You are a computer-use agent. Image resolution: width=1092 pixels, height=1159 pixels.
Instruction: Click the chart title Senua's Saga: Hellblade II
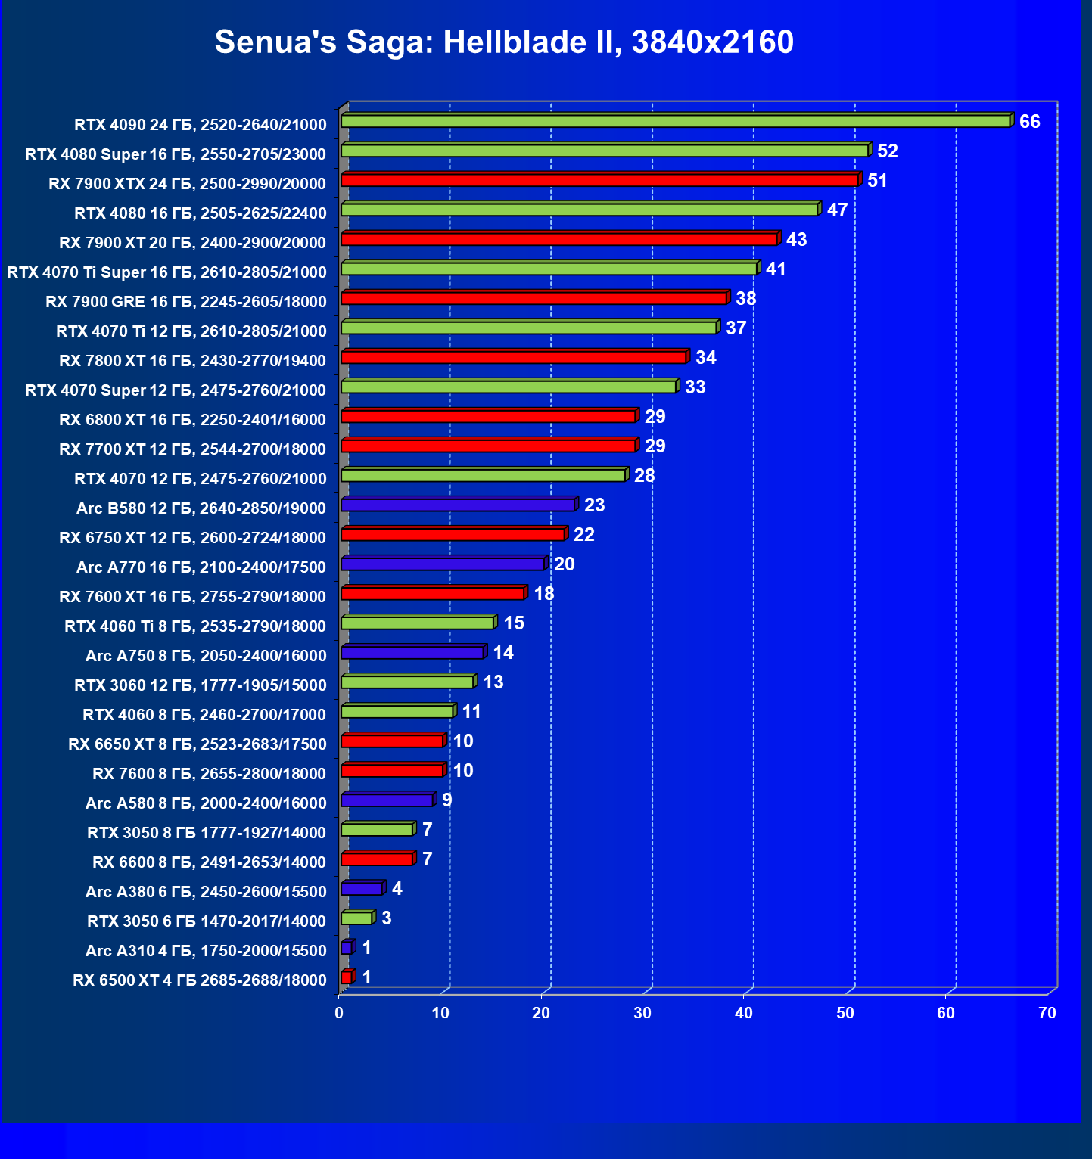coord(504,42)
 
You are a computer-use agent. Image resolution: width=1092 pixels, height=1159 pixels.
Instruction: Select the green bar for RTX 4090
coord(675,121)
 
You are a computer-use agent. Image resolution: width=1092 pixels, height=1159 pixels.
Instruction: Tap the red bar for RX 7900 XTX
coord(599,180)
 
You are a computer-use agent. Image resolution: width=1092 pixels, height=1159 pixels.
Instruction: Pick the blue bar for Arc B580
coord(458,505)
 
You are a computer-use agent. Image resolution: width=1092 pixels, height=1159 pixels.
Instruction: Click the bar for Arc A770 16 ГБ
coord(443,564)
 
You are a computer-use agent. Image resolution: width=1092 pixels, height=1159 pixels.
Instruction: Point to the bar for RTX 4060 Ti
coord(418,623)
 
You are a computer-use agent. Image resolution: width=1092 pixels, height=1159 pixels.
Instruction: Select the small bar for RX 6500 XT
coord(347,977)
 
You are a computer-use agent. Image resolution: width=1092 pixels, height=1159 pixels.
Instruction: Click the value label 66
coord(1029,122)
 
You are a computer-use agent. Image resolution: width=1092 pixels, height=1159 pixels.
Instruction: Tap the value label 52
coord(887,151)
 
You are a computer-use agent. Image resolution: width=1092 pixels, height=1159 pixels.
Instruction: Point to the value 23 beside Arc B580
coord(594,505)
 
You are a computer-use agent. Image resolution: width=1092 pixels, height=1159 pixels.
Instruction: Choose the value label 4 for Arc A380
coord(397,889)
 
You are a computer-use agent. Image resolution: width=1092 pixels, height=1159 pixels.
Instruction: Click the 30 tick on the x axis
coord(642,1013)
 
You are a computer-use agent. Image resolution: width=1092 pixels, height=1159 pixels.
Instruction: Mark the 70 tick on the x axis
coord(1047,1013)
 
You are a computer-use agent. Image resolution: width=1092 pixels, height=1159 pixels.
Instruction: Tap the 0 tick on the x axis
coord(339,1013)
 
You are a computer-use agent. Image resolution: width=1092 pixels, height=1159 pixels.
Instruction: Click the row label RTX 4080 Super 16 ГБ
coord(176,154)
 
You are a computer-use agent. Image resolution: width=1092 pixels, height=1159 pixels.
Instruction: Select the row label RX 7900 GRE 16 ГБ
coord(186,302)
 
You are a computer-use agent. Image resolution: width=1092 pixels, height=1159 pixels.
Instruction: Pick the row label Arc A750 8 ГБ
coord(206,656)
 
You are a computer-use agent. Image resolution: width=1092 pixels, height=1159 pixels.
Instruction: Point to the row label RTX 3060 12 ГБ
coord(201,685)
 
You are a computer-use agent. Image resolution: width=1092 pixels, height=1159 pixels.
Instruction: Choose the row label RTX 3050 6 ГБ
coord(207,921)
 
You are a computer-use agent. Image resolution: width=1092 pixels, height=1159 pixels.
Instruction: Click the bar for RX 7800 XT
coord(515,357)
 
